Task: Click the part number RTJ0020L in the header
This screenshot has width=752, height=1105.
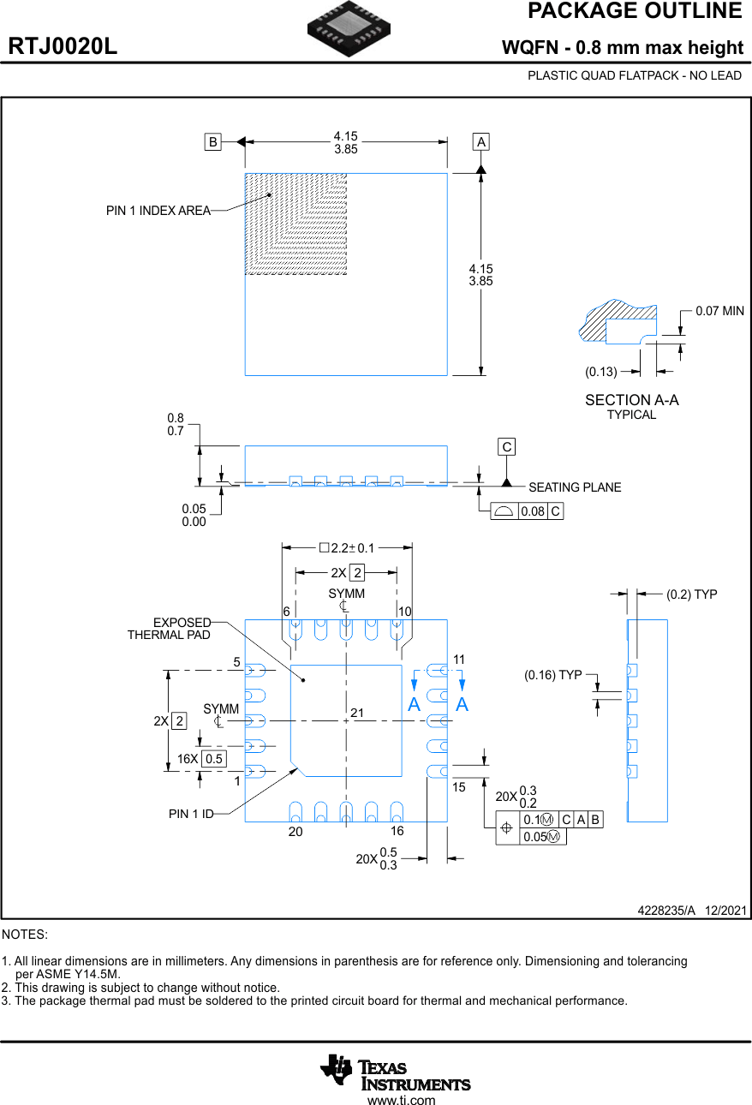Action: (x=63, y=47)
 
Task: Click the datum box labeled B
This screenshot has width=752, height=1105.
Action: (x=212, y=142)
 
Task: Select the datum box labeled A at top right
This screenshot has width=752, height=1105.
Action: (x=481, y=142)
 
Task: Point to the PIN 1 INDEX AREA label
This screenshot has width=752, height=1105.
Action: (x=158, y=211)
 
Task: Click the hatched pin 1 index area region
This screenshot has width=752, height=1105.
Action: (x=295, y=224)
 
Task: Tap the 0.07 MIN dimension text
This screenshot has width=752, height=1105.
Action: (x=719, y=311)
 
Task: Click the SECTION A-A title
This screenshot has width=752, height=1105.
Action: (x=631, y=400)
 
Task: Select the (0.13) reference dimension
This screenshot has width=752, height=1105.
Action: (x=601, y=372)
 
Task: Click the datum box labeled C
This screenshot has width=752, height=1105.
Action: (x=507, y=447)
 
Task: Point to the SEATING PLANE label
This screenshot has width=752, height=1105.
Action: (x=575, y=487)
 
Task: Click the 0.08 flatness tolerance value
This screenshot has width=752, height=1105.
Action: (x=533, y=511)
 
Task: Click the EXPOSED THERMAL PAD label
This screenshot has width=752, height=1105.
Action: (x=170, y=628)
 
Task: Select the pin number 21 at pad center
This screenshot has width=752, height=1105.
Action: (x=357, y=713)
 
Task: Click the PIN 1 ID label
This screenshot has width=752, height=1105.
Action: (x=191, y=814)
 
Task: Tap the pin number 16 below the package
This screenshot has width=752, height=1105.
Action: (x=397, y=832)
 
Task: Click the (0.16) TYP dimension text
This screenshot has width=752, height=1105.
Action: (x=553, y=675)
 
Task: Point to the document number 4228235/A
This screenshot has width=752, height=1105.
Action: (x=666, y=911)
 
